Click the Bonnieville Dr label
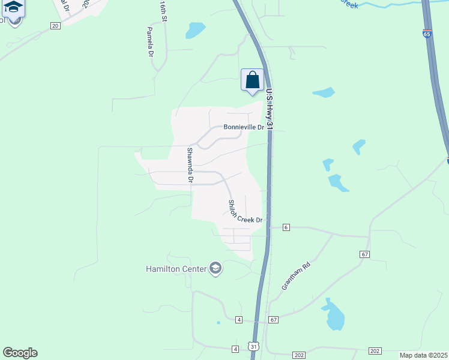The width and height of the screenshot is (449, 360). [244, 127]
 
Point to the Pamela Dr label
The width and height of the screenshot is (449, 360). [150, 41]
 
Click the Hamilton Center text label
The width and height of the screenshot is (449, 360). [176, 268]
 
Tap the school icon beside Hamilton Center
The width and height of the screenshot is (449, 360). [215, 268]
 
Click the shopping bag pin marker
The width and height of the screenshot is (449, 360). [252, 80]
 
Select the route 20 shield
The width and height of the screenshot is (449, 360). [55, 26]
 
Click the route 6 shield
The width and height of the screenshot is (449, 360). [286, 227]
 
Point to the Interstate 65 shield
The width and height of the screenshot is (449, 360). [427, 34]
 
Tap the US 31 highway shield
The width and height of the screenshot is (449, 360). [254, 347]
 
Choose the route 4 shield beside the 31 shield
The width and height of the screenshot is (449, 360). [235, 349]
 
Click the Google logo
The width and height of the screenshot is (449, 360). [20, 353]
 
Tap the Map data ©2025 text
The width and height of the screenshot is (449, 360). [423, 355]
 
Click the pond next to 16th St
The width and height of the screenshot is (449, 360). [195, 29]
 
